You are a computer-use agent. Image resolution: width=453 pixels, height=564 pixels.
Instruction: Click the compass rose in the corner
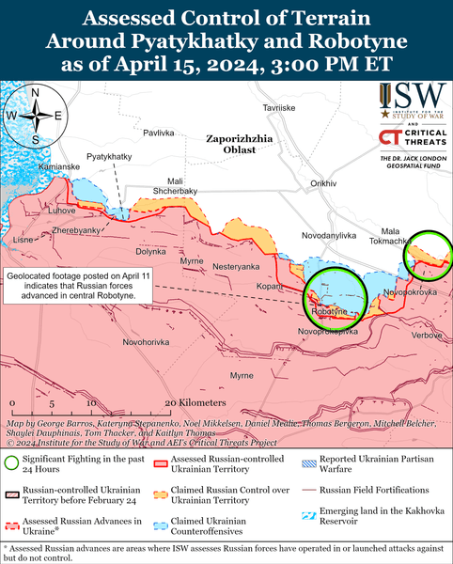coord(34,116)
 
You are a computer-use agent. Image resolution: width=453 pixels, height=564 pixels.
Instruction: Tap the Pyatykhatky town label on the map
coord(109,155)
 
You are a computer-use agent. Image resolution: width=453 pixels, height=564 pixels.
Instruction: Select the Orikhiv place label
coord(322,182)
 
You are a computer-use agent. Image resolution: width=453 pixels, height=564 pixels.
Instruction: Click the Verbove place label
coord(427,335)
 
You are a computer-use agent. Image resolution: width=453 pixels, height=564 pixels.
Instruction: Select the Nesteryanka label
coord(235,267)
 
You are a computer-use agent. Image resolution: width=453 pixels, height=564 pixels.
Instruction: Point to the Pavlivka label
coord(160,133)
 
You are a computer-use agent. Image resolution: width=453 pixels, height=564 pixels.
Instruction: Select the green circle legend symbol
coord(11,462)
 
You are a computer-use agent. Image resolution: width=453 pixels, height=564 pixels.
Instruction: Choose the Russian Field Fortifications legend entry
coord(375,490)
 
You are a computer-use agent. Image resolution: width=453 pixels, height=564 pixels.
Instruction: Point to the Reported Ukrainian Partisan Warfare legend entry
coord(375,462)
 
